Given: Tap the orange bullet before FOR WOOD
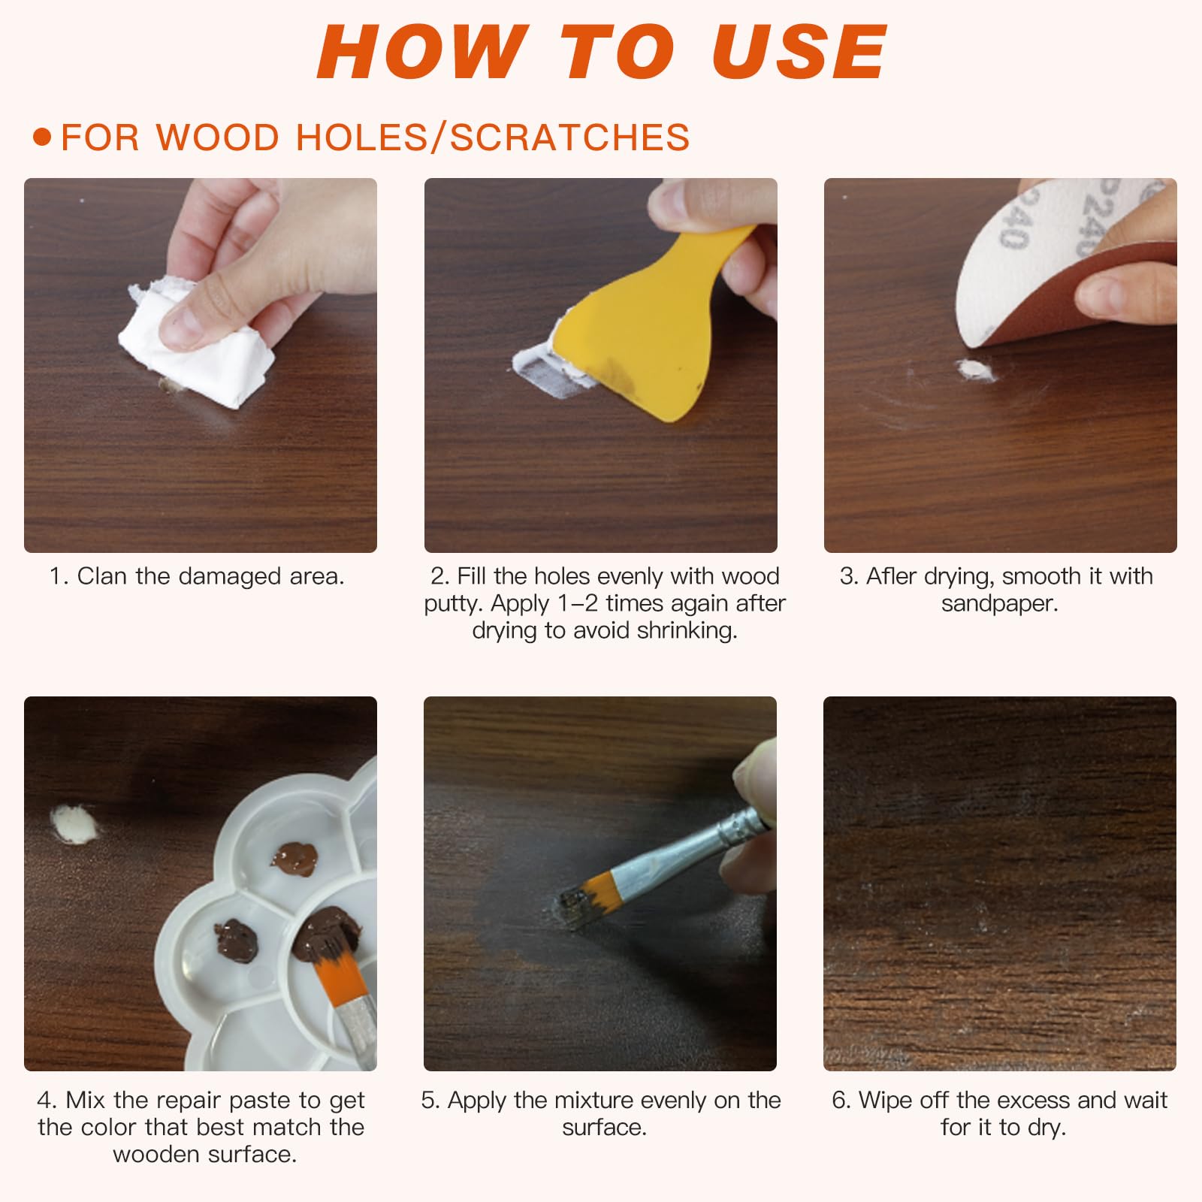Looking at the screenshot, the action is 43,137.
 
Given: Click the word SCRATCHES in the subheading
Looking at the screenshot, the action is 570,137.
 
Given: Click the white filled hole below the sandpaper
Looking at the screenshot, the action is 974,370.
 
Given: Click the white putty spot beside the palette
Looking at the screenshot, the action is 74,823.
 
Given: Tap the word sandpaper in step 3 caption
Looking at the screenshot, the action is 1000,603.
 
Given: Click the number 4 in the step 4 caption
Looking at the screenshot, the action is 46,1101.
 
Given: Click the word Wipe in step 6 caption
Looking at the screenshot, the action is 886,1101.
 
